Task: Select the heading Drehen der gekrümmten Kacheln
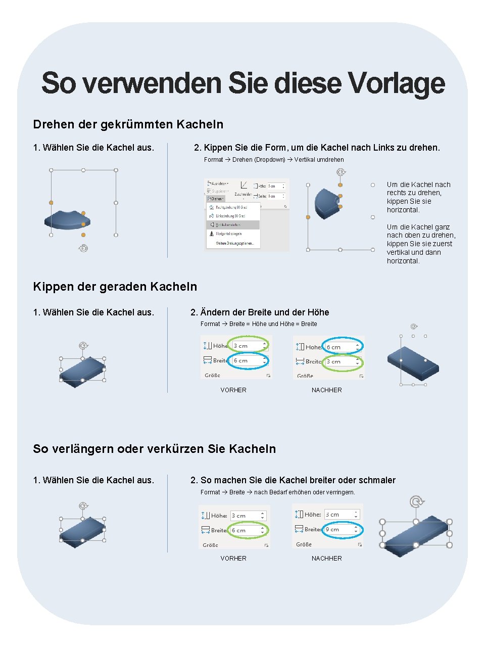pos(128,124)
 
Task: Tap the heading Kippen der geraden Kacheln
pos(115,287)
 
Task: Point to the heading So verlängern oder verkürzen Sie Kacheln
pos(154,449)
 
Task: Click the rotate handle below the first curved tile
pos(83,248)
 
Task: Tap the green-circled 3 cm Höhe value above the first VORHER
pos(248,346)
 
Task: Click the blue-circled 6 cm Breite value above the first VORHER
pos(248,361)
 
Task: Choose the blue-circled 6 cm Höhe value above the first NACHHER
pos(342,347)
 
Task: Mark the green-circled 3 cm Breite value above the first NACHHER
pos(342,362)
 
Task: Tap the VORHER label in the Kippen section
pos(233,390)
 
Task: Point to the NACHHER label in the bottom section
pos(327,559)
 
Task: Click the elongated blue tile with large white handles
pos(415,535)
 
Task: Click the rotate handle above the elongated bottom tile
pos(416,502)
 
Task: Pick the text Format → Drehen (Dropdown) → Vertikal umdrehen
pos(274,160)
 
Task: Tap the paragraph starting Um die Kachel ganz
pos(421,244)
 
